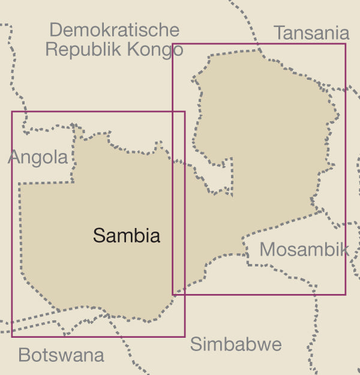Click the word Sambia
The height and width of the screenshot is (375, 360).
coord(127,236)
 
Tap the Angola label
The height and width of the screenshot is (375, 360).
coord(38,157)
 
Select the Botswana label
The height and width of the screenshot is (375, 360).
coord(61,355)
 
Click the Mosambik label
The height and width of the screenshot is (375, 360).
coord(304,250)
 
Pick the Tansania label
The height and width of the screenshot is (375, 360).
coord(311,33)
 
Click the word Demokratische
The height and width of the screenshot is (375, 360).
coord(114,29)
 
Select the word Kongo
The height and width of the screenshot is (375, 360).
coord(155,49)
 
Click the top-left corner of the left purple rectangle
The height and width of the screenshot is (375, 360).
coord(12,112)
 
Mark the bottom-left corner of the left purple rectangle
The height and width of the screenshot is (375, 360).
coord(12,336)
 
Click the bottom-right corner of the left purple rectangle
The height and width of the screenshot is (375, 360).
coord(185,336)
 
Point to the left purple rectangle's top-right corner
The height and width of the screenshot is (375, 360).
coord(185,112)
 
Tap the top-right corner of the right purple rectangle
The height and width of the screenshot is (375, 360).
coord(346,44)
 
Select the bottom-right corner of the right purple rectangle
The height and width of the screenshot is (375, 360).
coord(346,294)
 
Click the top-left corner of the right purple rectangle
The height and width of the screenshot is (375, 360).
coord(173,44)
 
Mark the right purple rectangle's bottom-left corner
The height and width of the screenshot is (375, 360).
coord(173,294)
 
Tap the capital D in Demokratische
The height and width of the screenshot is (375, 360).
coord(55,29)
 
